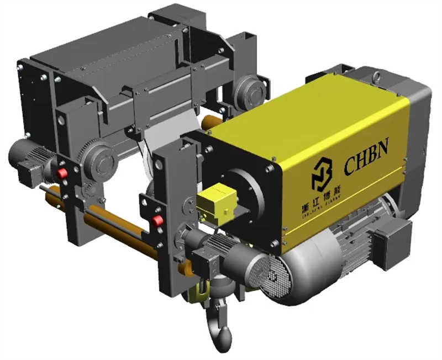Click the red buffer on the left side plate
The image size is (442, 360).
[62, 173]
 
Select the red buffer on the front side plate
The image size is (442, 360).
[158, 221]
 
